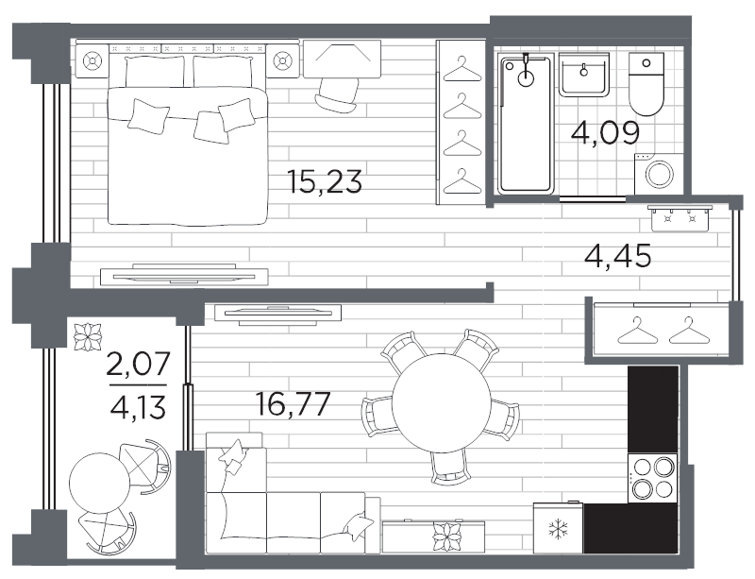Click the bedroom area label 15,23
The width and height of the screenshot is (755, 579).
point(324,181)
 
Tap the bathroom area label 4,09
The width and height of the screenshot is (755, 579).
point(605,132)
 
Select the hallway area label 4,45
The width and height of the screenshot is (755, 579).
point(618,256)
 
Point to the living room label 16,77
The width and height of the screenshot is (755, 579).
point(293,403)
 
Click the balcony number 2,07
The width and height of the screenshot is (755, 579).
point(138,364)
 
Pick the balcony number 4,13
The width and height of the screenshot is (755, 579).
point(138,408)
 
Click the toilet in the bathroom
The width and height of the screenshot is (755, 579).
point(646,84)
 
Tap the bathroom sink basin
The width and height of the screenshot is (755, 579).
point(584,75)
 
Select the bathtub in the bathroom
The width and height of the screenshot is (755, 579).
point(525,125)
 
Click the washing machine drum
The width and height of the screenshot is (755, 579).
point(659,174)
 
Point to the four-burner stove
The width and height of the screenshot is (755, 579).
point(652,478)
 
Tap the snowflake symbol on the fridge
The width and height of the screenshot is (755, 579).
point(558,529)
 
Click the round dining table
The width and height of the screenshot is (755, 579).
point(441,402)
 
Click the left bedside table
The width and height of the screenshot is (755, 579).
point(92,60)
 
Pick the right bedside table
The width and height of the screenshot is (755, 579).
point(282,60)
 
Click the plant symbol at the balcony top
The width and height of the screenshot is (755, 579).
point(88,336)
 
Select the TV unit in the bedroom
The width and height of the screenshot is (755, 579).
point(184,276)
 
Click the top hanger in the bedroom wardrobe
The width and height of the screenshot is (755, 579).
point(462,71)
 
